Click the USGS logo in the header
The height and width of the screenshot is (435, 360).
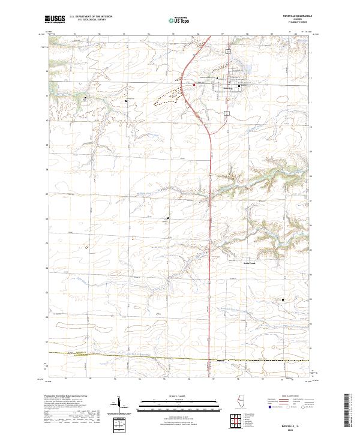54,20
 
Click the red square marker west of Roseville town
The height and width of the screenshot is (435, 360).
194,85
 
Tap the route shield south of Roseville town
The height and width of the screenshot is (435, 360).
227,112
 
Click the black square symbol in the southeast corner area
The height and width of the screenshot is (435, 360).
283,298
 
